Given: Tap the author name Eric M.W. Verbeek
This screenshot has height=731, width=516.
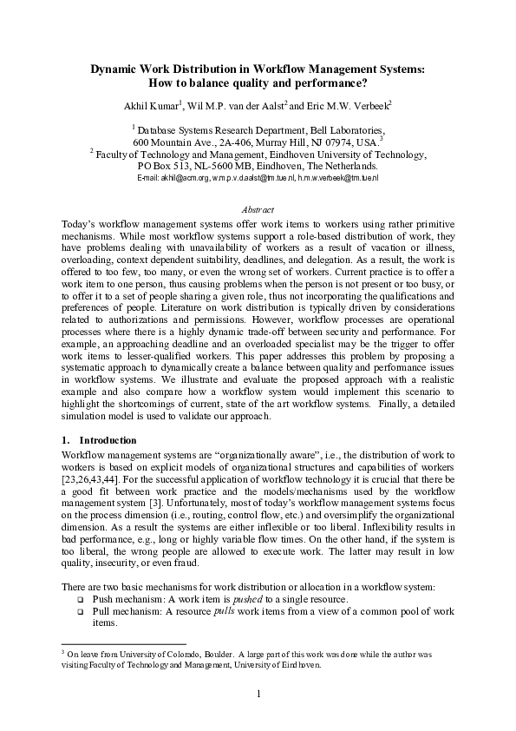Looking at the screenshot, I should (352, 105).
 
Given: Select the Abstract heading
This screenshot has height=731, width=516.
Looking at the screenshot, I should (258, 209).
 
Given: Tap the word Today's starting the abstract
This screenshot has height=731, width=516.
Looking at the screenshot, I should (79, 222).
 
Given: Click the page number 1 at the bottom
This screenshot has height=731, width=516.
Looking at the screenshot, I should (258, 692).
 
